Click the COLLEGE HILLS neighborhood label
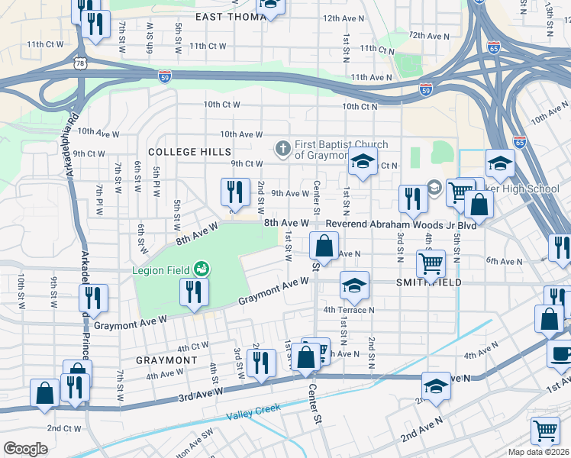pyautogui.click(x=184, y=153)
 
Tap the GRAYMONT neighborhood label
pyautogui.click(x=166, y=360)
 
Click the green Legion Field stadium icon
pyautogui.click(x=202, y=268)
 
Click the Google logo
pyautogui.click(x=25, y=449)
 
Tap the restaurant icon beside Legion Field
pyautogui.click(x=193, y=292)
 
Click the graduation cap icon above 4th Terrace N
pyautogui.click(x=354, y=285)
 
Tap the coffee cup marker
pyautogui.click(x=560, y=353)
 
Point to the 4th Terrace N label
pyautogui.click(x=349, y=310)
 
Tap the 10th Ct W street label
pyautogui.click(x=222, y=105)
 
